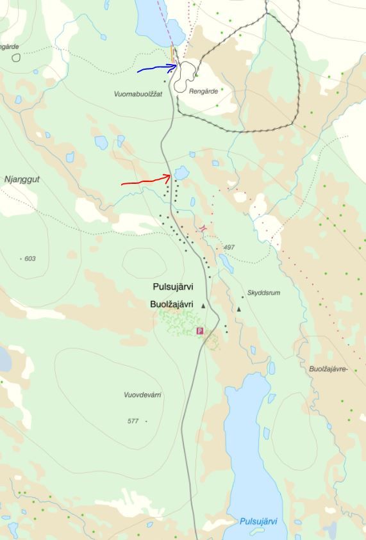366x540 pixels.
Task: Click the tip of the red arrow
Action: tap(171, 175)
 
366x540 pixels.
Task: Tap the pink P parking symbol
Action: tap(199, 331)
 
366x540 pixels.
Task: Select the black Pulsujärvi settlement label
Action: tap(173, 287)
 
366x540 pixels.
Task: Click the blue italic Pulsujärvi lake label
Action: tap(258, 522)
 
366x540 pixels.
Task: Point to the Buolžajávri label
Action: tap(172, 304)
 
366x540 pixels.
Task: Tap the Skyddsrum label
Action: tap(263, 293)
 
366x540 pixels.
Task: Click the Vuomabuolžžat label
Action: tap(138, 94)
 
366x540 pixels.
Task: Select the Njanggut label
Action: tap(22, 180)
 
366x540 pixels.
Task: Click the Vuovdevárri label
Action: tap(142, 395)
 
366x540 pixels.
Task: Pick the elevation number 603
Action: tap(29, 259)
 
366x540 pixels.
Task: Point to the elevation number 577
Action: tap(133, 421)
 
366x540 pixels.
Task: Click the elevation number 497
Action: tap(229, 247)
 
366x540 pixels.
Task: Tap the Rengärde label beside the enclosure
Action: tap(203, 92)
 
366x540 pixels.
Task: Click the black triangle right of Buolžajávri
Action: tap(204, 306)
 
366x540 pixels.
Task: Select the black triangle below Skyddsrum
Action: tap(238, 309)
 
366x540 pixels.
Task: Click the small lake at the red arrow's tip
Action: tap(181, 172)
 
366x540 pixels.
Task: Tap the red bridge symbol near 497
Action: tap(203, 228)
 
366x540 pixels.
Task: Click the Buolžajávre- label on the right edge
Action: tap(328, 370)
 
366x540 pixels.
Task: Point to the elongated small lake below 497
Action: tap(225, 263)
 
